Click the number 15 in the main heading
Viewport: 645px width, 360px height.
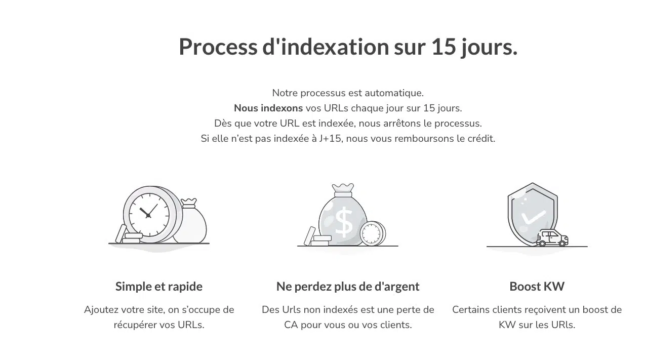(x=444, y=47)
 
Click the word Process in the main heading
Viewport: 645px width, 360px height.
(x=218, y=47)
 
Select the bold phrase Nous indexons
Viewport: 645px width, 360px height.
(x=268, y=108)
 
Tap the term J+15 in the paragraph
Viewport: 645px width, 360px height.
(x=330, y=139)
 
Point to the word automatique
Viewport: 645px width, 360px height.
(x=394, y=93)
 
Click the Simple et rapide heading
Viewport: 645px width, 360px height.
(x=159, y=287)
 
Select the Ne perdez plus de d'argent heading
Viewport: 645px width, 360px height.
(x=348, y=287)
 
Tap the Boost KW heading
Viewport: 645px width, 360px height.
(x=537, y=287)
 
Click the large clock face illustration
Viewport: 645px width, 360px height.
(x=149, y=215)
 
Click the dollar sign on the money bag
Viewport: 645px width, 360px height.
(x=344, y=222)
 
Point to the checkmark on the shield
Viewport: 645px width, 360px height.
(x=533, y=217)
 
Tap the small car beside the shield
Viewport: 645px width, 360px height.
(x=552, y=238)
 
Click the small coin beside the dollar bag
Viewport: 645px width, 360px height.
(x=373, y=233)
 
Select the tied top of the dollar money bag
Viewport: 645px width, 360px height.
(x=343, y=190)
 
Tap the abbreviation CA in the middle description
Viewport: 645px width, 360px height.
(x=291, y=325)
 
